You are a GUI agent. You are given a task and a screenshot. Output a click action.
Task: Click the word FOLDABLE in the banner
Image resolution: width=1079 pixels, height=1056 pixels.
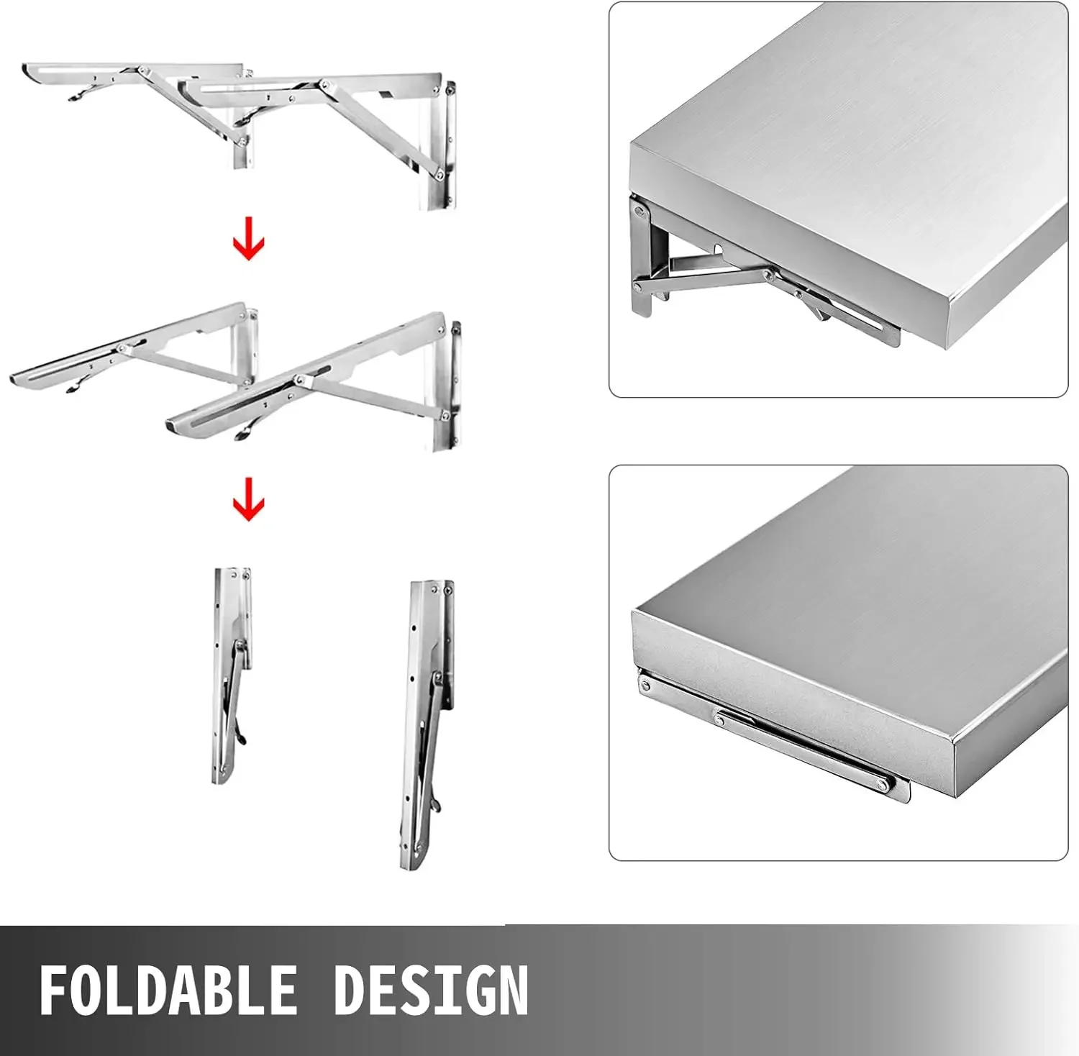point(168,990)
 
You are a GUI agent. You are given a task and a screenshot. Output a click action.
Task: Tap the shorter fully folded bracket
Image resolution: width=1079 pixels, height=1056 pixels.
point(232,676)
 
